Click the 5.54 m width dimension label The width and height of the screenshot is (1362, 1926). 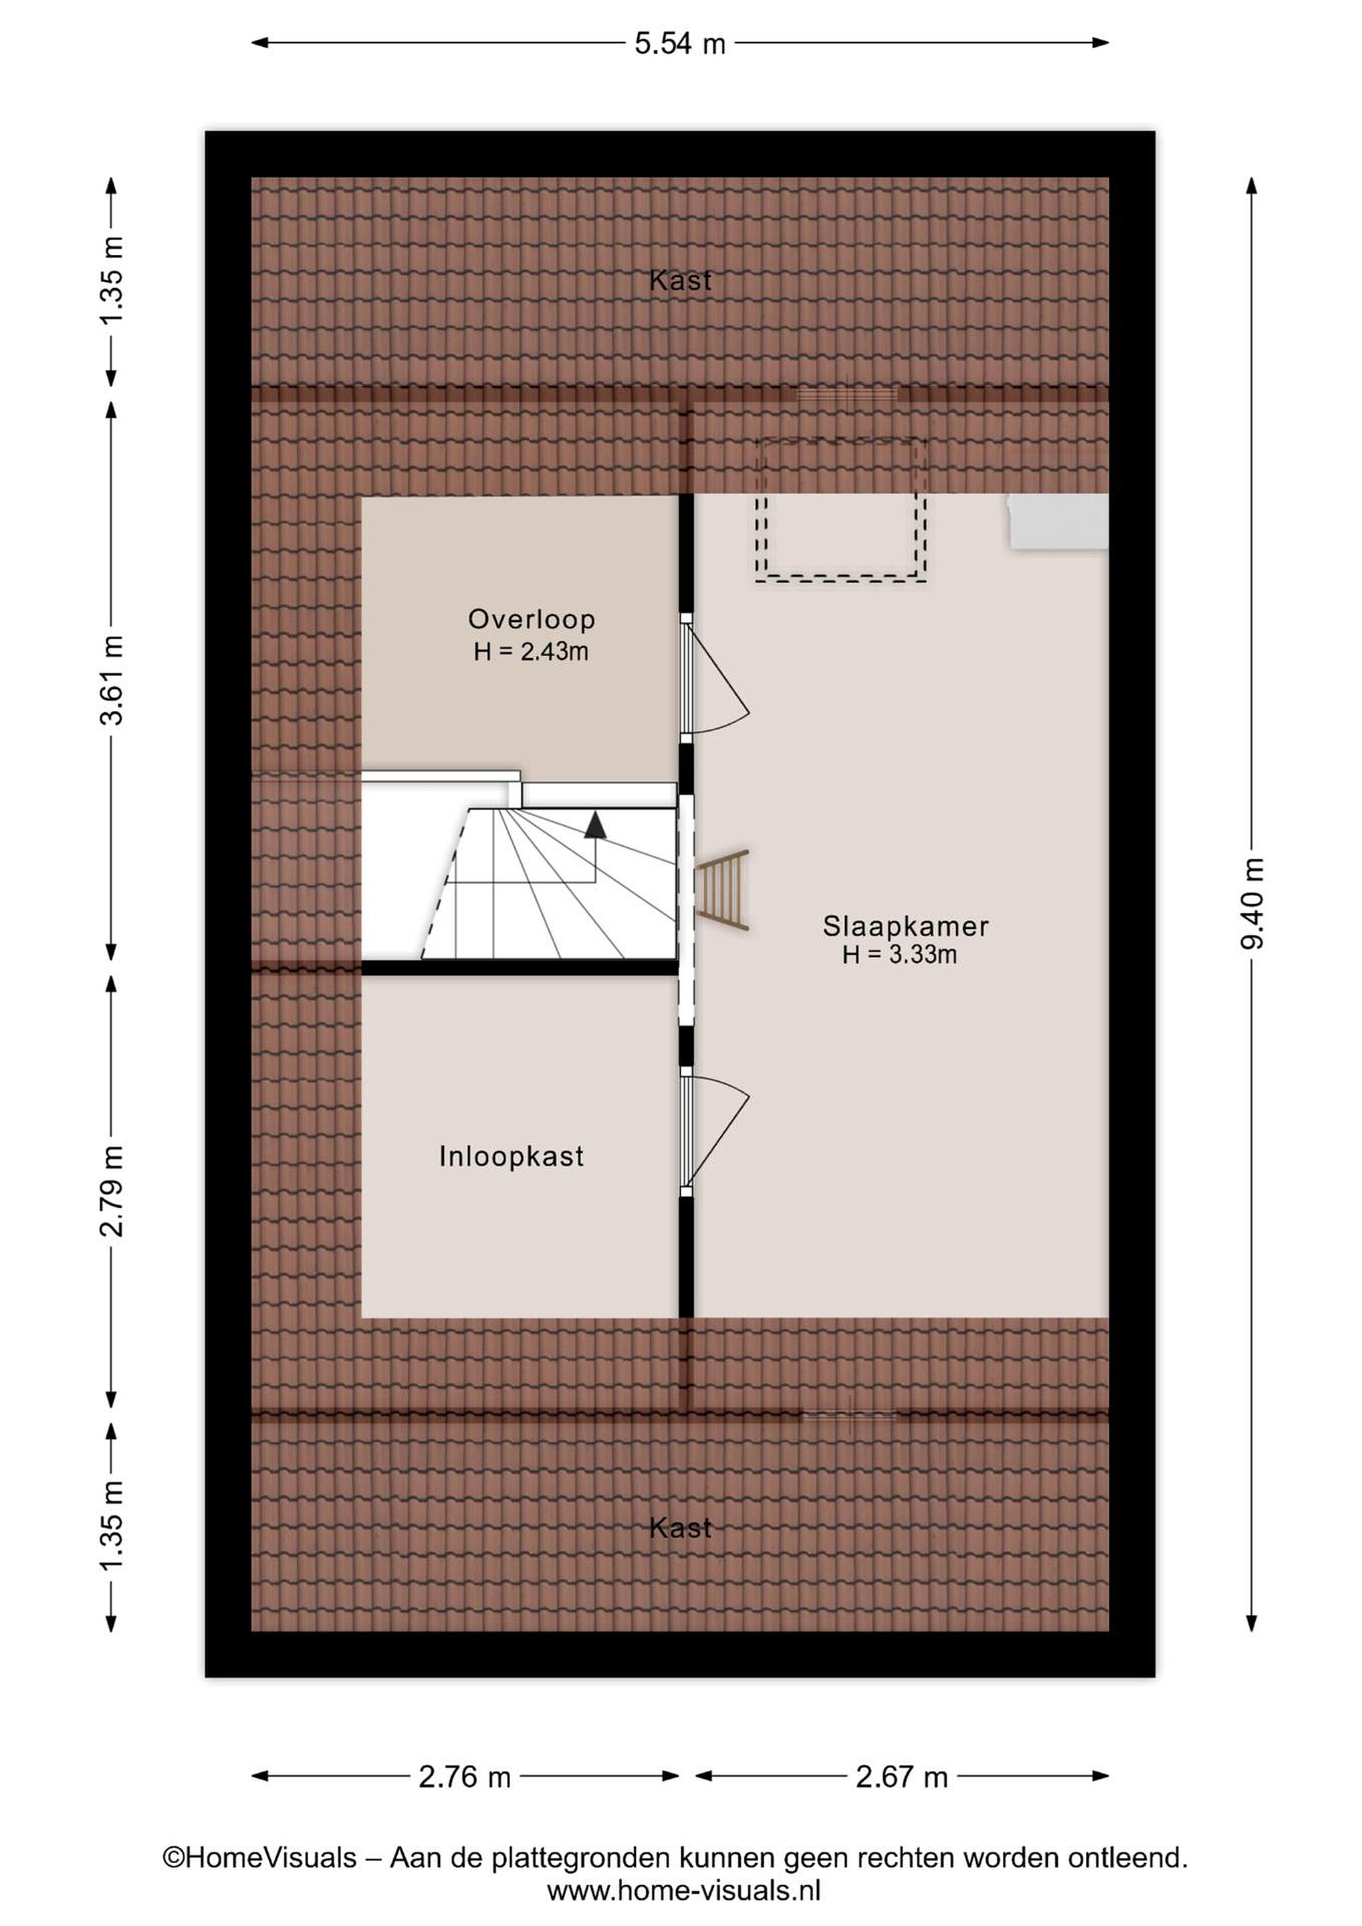(679, 43)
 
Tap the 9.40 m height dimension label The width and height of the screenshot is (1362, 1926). (1252, 903)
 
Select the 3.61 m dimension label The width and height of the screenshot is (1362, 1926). (112, 680)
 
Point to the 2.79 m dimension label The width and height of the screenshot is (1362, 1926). (112, 1191)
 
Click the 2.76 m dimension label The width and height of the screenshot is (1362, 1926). (465, 1777)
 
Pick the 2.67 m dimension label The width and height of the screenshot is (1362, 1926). (901, 1777)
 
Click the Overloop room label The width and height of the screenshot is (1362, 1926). (532, 619)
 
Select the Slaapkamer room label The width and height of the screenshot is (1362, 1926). (906, 926)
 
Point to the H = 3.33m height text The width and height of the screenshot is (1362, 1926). (900, 954)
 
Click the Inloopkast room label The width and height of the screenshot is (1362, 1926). (512, 1157)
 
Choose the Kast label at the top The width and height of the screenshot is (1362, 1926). (680, 280)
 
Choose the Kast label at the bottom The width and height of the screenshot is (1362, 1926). (680, 1528)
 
